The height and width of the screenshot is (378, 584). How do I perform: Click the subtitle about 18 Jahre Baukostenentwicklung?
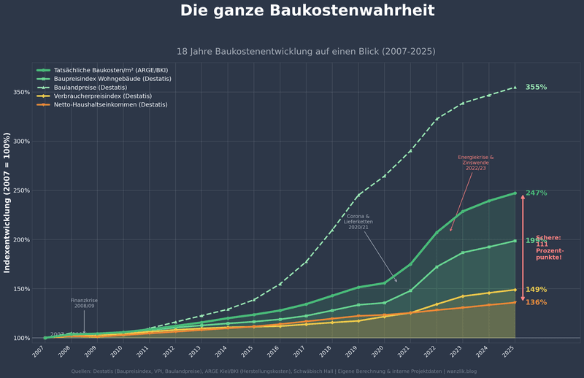pyautogui.click(x=306, y=52)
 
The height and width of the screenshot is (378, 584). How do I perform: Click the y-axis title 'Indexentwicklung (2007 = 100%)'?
pyautogui.click(x=7, y=203)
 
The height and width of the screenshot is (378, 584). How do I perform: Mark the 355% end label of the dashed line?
pyautogui.click(x=536, y=88)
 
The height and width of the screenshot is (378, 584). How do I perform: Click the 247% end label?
pyautogui.click(x=537, y=193)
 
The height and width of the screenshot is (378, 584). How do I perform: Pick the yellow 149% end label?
pyautogui.click(x=537, y=290)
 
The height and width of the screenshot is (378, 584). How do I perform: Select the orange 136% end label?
pyautogui.click(x=537, y=303)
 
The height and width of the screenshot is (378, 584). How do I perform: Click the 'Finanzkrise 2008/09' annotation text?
pyautogui.click(x=84, y=303)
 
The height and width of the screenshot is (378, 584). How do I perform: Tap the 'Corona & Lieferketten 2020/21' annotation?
pyautogui.click(x=358, y=222)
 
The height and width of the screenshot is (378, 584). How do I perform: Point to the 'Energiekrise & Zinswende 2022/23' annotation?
pyautogui.click(x=476, y=163)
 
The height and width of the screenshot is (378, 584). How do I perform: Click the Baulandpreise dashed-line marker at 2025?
pyautogui.click(x=515, y=88)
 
